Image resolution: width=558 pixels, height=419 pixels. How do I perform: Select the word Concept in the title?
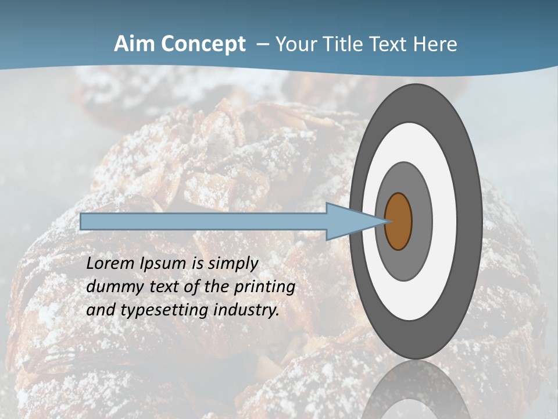tap(203, 44)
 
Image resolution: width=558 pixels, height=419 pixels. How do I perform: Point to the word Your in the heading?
tap(295, 44)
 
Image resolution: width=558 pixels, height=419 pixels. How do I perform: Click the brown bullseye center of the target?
tap(399, 222)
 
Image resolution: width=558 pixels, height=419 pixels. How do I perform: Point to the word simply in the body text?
tap(232, 264)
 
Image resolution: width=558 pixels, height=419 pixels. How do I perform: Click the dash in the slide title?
tap(262, 45)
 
